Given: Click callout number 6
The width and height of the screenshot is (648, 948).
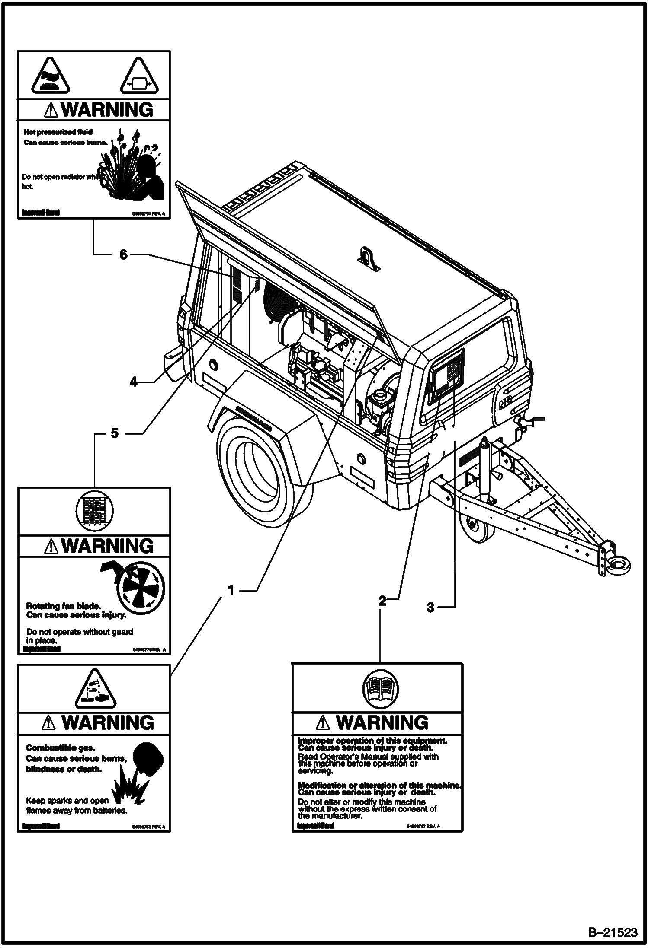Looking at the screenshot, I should click(x=124, y=255).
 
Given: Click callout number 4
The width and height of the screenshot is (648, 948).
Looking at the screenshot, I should click(x=134, y=382).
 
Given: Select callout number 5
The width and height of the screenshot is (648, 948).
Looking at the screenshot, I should click(x=114, y=433).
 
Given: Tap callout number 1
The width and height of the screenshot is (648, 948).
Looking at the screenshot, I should click(x=231, y=590).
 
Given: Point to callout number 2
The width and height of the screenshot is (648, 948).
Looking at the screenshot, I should click(x=382, y=601).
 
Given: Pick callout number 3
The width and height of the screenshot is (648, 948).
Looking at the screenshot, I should click(x=430, y=608).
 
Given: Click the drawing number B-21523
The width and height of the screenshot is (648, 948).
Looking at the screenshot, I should click(x=613, y=932).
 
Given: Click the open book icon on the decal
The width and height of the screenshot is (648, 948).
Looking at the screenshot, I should click(x=379, y=689).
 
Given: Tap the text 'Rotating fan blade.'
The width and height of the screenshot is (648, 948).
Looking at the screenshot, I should click(x=63, y=606).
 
